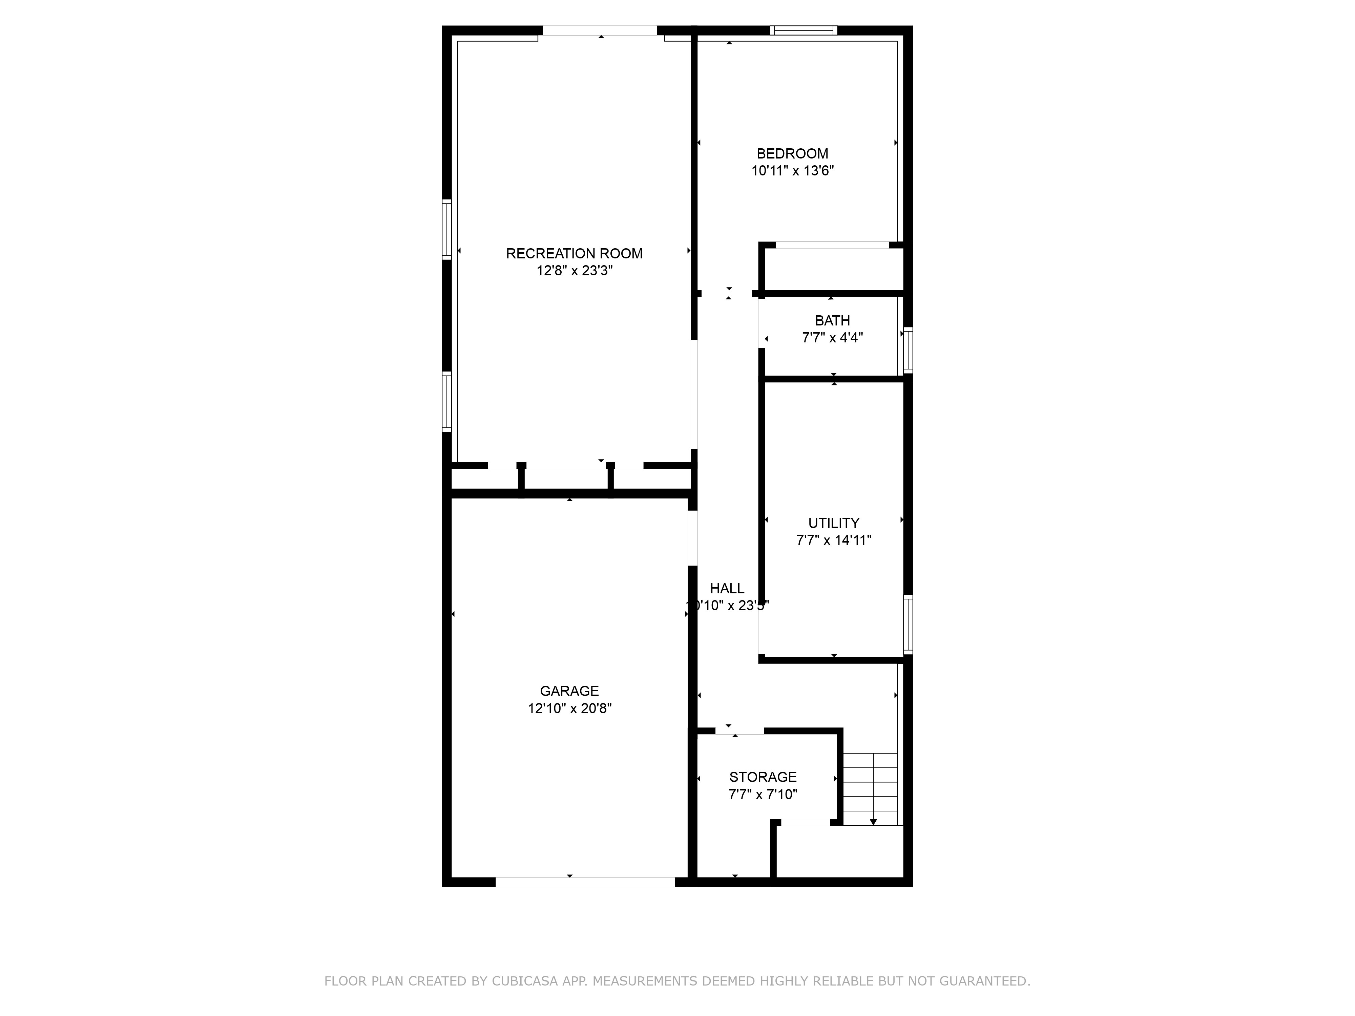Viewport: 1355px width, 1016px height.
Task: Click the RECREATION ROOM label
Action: (x=574, y=254)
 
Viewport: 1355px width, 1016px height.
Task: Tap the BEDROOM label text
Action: (x=792, y=154)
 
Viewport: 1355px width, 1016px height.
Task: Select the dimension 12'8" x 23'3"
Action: (x=574, y=271)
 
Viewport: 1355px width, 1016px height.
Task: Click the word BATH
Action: (x=832, y=320)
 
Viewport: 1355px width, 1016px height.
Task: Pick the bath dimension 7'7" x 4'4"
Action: (x=832, y=337)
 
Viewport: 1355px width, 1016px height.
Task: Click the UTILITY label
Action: (x=833, y=523)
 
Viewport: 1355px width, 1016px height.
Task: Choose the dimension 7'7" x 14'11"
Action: (x=833, y=540)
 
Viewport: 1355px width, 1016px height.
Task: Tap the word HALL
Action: (x=727, y=589)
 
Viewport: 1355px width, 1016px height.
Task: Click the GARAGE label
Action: (x=569, y=691)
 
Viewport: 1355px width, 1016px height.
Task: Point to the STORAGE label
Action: (x=763, y=777)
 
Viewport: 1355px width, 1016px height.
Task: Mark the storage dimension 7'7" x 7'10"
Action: (x=763, y=795)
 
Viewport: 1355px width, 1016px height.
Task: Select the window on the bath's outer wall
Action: (x=908, y=350)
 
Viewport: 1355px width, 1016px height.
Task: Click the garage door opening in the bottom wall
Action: (x=585, y=882)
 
